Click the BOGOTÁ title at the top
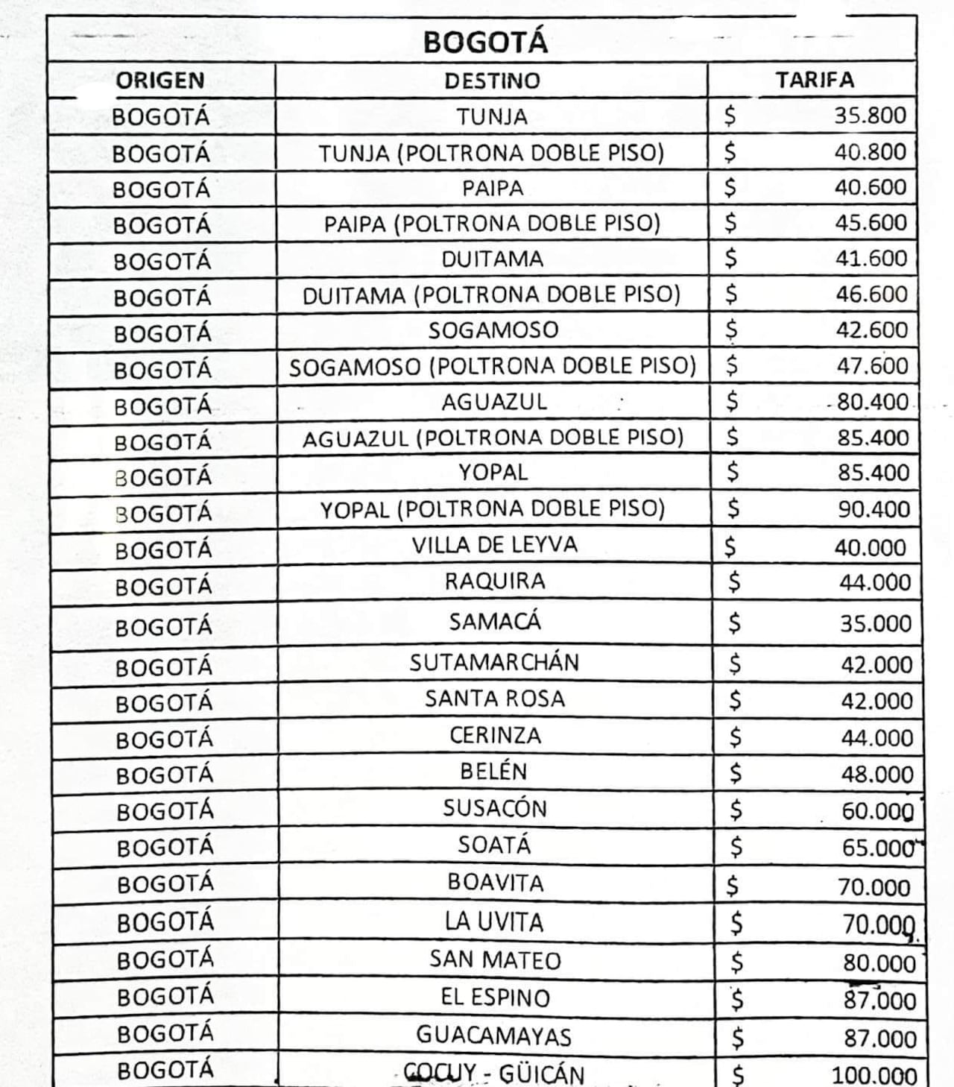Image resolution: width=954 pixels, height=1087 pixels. (x=485, y=42)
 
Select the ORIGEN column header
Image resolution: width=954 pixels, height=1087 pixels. (x=160, y=81)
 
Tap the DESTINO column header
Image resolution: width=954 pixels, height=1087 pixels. (x=492, y=81)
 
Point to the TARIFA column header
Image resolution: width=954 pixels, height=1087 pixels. (x=815, y=80)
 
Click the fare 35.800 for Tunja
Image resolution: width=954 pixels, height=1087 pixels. (x=870, y=116)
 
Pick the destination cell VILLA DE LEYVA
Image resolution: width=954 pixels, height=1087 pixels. (x=494, y=545)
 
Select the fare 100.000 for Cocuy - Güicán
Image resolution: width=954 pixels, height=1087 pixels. (x=874, y=1075)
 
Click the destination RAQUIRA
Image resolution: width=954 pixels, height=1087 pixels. (x=495, y=582)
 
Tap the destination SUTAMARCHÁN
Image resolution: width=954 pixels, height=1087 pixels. (x=494, y=663)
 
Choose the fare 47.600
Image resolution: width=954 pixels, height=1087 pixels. (x=872, y=366)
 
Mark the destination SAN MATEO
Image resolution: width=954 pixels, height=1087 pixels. (x=495, y=960)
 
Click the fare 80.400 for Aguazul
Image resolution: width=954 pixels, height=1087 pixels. (x=872, y=403)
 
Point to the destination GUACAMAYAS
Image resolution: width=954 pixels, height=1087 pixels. (x=494, y=1036)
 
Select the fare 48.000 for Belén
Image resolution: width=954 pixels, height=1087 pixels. (x=877, y=775)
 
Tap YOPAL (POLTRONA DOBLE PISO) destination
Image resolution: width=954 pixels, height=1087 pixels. (x=493, y=509)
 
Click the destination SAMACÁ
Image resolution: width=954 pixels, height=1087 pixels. (x=495, y=622)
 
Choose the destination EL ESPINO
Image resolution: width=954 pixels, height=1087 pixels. (x=495, y=998)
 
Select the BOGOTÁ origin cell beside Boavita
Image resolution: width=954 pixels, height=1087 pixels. (x=165, y=884)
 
